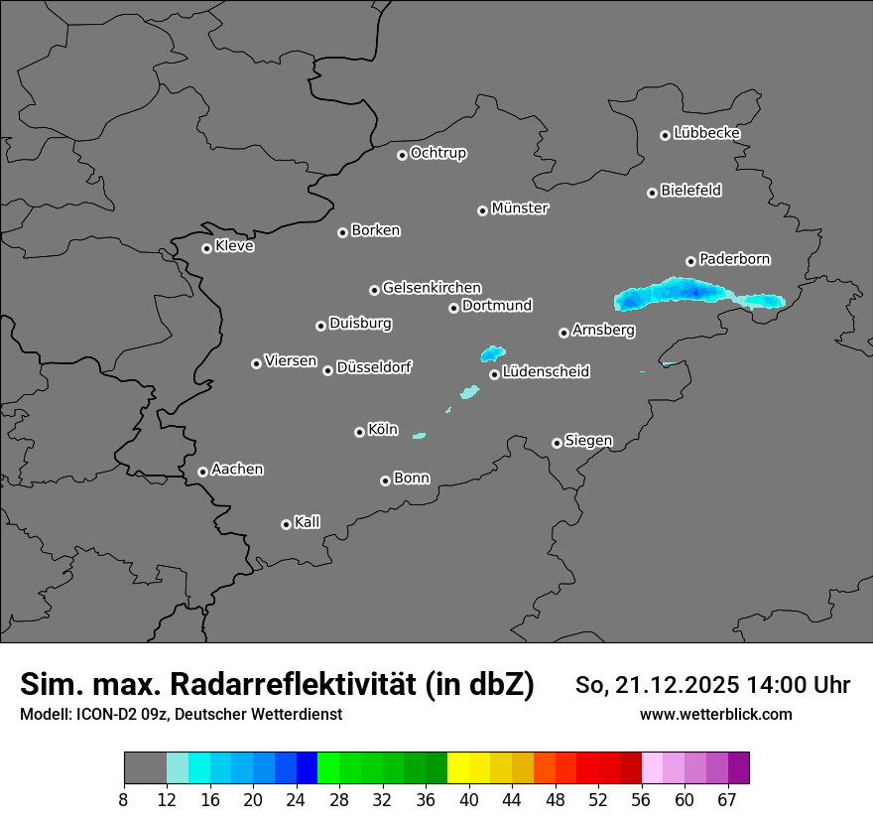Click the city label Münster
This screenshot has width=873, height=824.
click(519, 208)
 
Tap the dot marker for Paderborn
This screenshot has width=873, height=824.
click(690, 261)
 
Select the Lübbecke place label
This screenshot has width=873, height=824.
click(706, 133)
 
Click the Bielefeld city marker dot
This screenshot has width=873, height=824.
click(652, 193)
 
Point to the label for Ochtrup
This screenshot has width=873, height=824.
click(437, 153)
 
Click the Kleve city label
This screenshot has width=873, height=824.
click(234, 246)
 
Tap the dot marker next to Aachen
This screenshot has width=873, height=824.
click(202, 472)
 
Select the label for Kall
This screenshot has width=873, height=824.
click(307, 522)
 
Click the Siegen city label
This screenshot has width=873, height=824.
click(588, 441)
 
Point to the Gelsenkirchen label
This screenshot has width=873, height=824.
click(432, 288)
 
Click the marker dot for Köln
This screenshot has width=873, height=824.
click(359, 432)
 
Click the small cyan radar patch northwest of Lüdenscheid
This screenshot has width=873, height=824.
click(492, 353)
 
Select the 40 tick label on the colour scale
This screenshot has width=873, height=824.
click(468, 799)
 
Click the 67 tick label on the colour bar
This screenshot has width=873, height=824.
click(727, 799)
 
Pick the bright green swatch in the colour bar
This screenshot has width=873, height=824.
click(327, 768)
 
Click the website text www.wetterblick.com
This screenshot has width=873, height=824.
click(715, 715)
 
